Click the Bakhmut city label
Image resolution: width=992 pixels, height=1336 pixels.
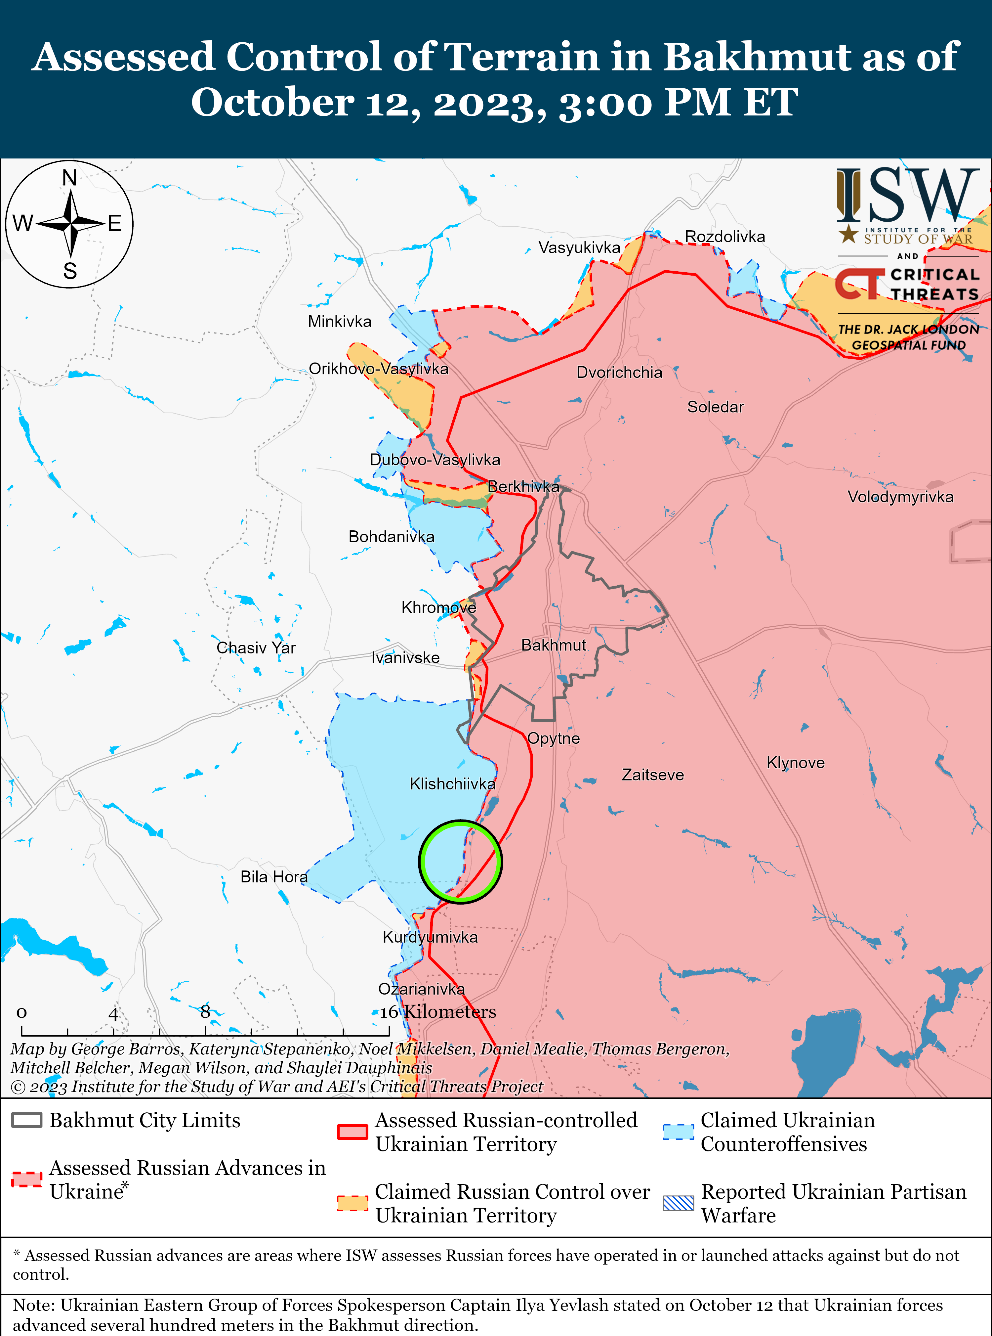(x=553, y=645)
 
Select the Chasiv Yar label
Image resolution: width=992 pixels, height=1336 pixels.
(x=256, y=647)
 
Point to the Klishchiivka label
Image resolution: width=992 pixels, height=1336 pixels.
(x=452, y=783)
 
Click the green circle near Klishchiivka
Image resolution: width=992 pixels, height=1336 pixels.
(x=460, y=862)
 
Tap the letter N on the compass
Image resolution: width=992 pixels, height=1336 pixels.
(x=70, y=178)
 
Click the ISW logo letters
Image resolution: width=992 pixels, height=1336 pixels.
(x=907, y=195)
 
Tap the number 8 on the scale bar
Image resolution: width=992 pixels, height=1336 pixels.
(x=205, y=1012)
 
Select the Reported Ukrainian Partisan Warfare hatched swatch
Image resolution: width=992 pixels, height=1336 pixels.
(x=678, y=1203)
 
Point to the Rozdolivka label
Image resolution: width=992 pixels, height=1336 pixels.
(x=725, y=237)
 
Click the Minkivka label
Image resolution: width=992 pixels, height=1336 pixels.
(x=339, y=321)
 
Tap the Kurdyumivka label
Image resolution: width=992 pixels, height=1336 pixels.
(x=430, y=937)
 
